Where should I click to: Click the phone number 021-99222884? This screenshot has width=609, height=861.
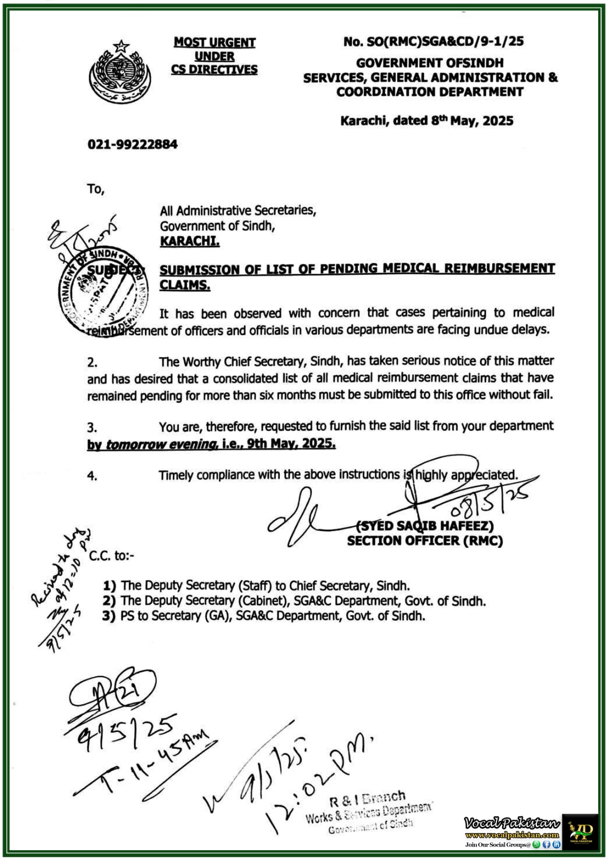(x=132, y=144)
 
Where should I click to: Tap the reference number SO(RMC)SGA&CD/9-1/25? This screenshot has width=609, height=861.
(x=433, y=41)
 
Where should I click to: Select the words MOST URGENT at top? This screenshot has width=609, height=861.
(x=214, y=42)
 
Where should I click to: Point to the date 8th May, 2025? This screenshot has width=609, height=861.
(x=472, y=121)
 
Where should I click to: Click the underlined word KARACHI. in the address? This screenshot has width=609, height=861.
(x=190, y=241)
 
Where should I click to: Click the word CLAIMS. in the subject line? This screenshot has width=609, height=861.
(x=185, y=285)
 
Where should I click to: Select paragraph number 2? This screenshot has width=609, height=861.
(x=93, y=363)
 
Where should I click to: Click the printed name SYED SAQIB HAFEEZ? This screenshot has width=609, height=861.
(x=425, y=526)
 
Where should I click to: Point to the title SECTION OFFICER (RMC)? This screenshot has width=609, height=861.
(x=425, y=541)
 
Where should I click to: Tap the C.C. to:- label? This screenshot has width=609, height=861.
(x=112, y=556)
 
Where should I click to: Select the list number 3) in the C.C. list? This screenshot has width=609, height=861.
(x=109, y=616)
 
